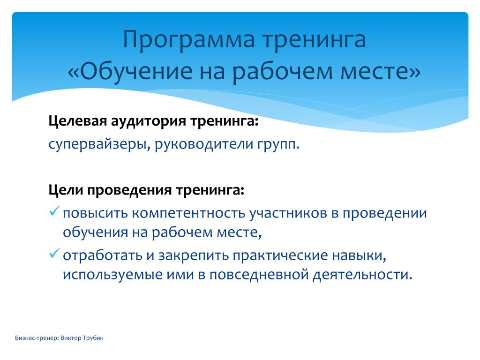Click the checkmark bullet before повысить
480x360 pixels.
54,211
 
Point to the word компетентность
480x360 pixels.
188,213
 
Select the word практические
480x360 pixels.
281,255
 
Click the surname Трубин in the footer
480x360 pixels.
93,338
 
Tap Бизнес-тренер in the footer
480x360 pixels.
37,338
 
